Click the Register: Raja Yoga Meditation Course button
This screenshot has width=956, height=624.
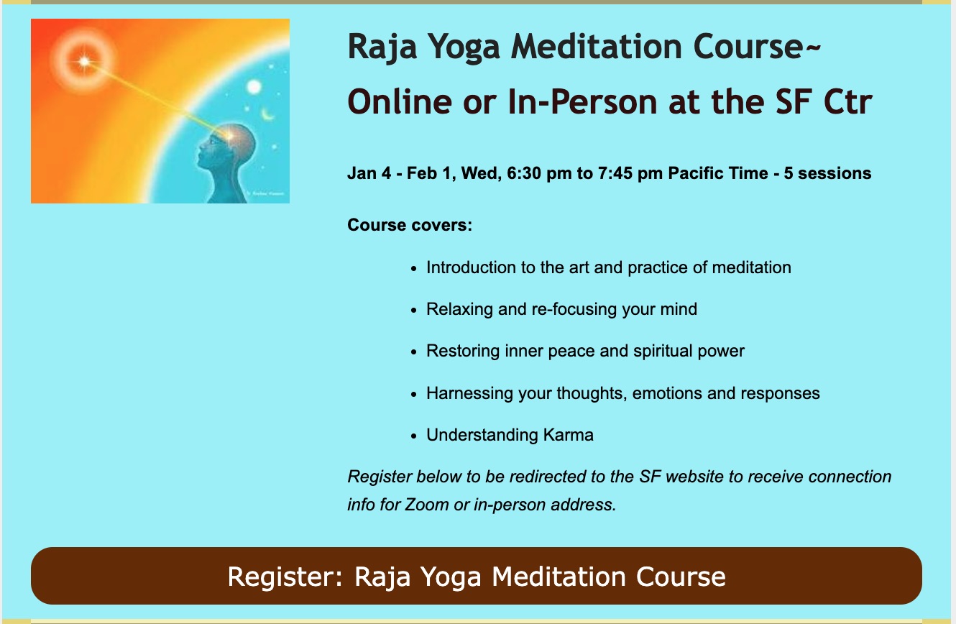(477, 576)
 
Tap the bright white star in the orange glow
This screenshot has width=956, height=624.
(85, 61)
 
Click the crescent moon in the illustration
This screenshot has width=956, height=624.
(268, 115)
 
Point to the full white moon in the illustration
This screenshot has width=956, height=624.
(254, 87)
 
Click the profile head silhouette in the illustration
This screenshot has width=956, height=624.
(226, 162)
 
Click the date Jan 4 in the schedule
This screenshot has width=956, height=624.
(369, 173)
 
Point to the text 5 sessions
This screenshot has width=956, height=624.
(827, 173)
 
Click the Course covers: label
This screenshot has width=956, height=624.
(410, 225)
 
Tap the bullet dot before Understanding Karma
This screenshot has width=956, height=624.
(413, 436)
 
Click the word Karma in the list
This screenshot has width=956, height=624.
(568, 435)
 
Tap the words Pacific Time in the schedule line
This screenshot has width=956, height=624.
(718, 173)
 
